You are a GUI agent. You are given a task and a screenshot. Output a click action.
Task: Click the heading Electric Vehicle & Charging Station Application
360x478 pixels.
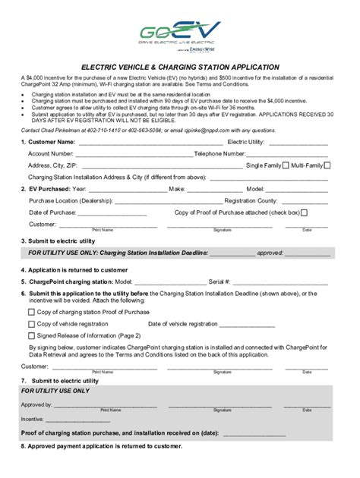180,67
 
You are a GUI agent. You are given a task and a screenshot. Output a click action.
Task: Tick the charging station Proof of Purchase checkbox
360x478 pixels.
31,311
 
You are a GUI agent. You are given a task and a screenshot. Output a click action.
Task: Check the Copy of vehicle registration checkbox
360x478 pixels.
31,323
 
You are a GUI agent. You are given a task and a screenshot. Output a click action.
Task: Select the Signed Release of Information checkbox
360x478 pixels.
31,335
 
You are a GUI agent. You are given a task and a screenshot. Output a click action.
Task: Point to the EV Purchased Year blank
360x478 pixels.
118,189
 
